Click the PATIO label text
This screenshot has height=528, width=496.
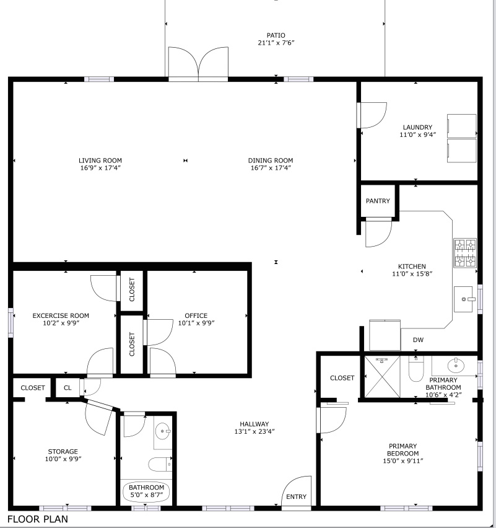(x=276, y=35)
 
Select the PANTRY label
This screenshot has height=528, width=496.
(x=378, y=201)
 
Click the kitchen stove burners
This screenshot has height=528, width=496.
(x=466, y=253)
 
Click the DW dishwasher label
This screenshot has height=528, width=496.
(x=418, y=340)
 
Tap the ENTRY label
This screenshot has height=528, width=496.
(x=295, y=497)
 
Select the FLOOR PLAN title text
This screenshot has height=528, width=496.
(x=38, y=519)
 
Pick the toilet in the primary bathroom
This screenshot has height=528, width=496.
(x=416, y=371)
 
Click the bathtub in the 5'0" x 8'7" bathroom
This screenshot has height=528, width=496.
(x=147, y=491)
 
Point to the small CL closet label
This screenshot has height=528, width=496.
(x=67, y=388)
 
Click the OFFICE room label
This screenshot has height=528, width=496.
(x=196, y=315)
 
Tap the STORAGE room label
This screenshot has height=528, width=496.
(x=63, y=451)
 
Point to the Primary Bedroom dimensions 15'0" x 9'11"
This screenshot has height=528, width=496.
(x=402, y=461)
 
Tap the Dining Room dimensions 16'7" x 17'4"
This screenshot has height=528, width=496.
(x=271, y=168)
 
